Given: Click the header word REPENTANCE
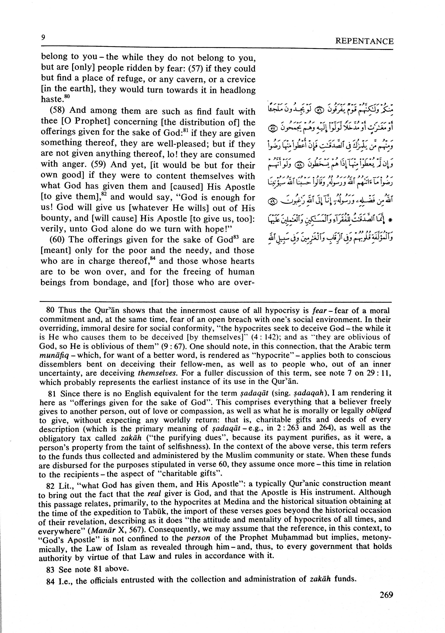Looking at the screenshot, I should click(364, 41).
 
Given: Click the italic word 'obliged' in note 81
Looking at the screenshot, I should click(379, 411).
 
